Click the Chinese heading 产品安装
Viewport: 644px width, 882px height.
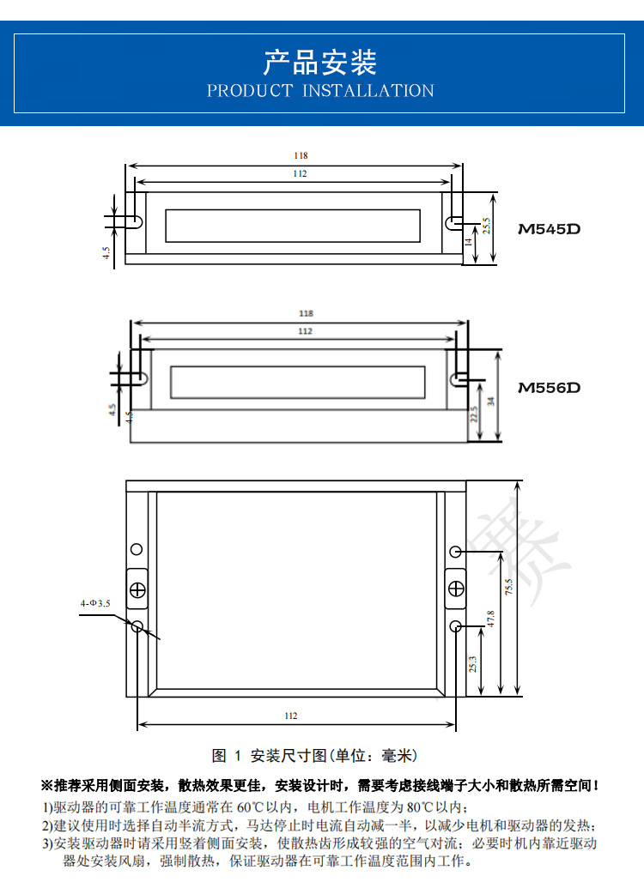point(319,62)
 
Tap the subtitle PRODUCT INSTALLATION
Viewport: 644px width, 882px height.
point(320,91)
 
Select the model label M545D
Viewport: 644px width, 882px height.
point(550,229)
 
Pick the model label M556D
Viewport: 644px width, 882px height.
point(550,388)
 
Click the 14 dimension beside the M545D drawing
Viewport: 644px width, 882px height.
point(469,243)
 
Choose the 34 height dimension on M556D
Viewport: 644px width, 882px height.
point(490,400)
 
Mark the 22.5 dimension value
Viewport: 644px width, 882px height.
point(473,416)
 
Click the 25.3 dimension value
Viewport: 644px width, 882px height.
point(473,662)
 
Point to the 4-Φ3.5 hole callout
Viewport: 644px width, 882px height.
point(95,604)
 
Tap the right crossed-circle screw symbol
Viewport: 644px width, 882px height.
point(455,589)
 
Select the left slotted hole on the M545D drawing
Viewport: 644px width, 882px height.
point(137,221)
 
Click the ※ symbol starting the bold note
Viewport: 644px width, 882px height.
point(46,785)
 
